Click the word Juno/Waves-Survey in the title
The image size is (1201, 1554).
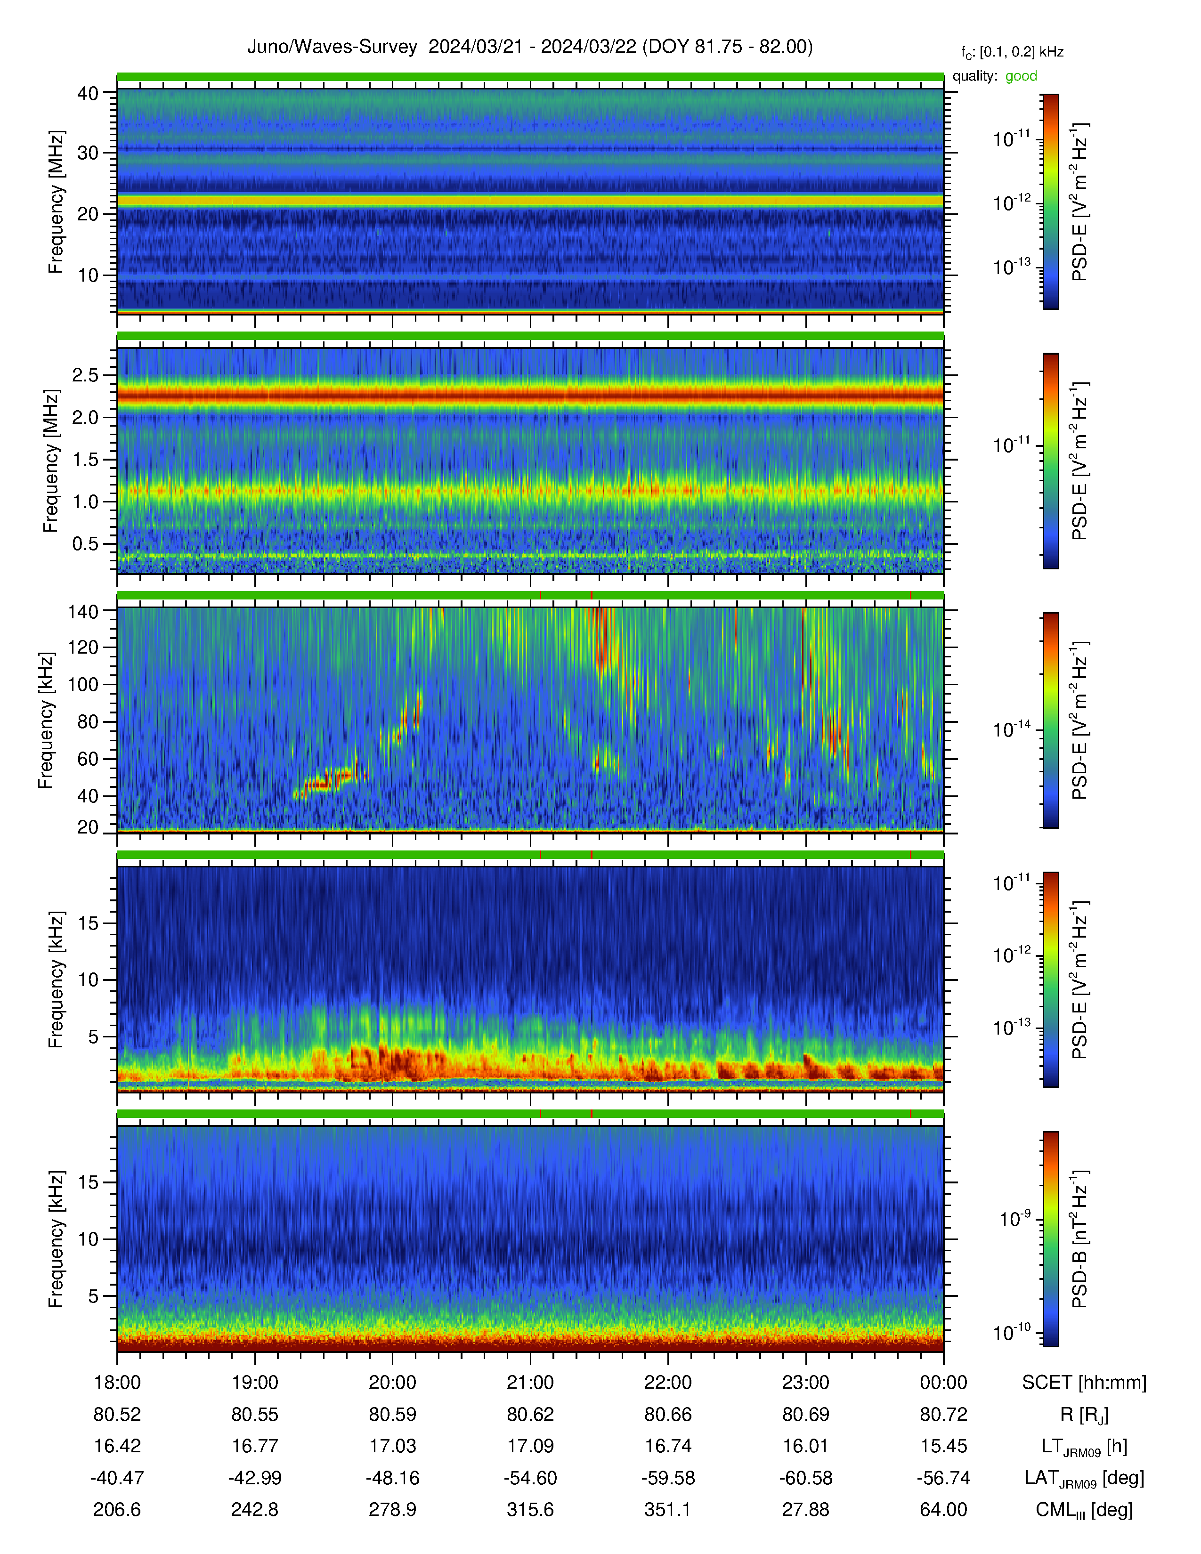coord(332,47)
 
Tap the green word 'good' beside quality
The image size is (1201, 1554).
coord(1021,76)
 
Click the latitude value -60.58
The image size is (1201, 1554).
coord(805,1478)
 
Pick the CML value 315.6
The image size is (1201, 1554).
coord(530,1509)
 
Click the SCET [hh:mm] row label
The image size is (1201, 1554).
coord(1084,1383)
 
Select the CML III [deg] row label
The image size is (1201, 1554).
coord(1084,1510)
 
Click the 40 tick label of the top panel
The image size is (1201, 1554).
coord(88,93)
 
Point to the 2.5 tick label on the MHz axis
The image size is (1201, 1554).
coord(85,375)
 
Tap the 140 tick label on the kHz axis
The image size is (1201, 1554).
coord(82,610)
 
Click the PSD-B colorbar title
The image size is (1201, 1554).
coord(1079,1239)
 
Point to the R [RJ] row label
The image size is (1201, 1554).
coord(1084,1415)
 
